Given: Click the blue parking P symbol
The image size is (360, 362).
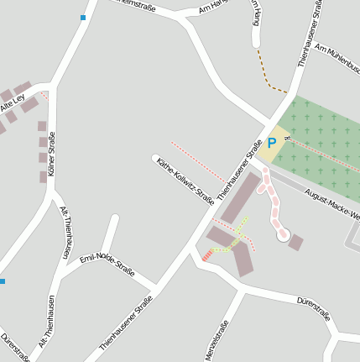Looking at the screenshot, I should [271, 143].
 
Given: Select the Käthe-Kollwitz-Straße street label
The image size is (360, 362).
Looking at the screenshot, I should [185, 181].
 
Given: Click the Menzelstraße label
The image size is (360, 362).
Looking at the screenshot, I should [217, 340].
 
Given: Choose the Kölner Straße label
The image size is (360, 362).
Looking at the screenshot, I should [51, 154].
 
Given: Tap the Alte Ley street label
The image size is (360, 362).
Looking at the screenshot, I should [13, 103].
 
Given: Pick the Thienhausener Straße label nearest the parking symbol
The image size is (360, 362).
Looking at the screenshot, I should [241, 169].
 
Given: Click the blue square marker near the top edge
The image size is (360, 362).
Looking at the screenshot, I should [83, 18].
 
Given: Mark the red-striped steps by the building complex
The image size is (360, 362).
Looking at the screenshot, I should [206, 255].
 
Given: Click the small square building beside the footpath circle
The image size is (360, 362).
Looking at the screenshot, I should [295, 242].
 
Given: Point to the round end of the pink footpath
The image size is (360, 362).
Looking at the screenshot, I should [283, 235].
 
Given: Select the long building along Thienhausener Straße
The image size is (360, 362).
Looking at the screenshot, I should [240, 198].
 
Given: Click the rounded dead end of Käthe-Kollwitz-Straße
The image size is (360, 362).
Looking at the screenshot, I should [155, 158].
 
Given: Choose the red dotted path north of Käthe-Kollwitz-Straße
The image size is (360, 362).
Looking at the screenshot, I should [197, 161].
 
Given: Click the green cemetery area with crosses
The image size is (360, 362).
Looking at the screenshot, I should [323, 143].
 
